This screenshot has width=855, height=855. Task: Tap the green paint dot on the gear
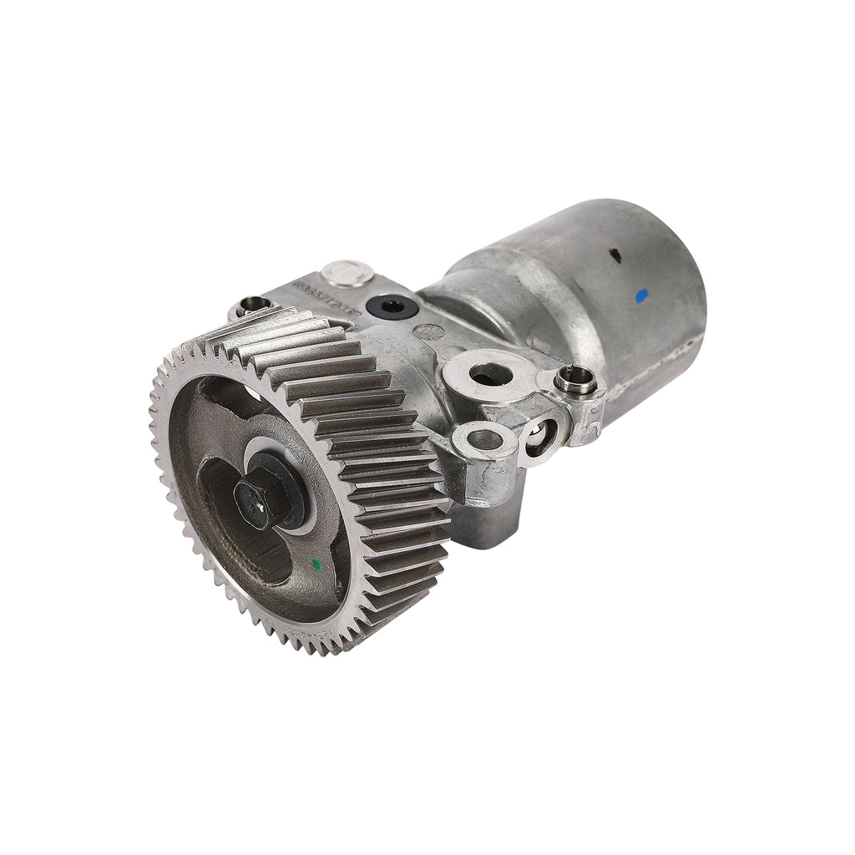(316, 564)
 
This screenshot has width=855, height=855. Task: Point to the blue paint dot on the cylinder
(641, 295)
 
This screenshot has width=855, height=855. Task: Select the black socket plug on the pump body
(392, 306)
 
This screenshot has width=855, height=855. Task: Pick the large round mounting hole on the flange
(489, 374)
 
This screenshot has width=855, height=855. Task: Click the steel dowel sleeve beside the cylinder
(575, 380)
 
